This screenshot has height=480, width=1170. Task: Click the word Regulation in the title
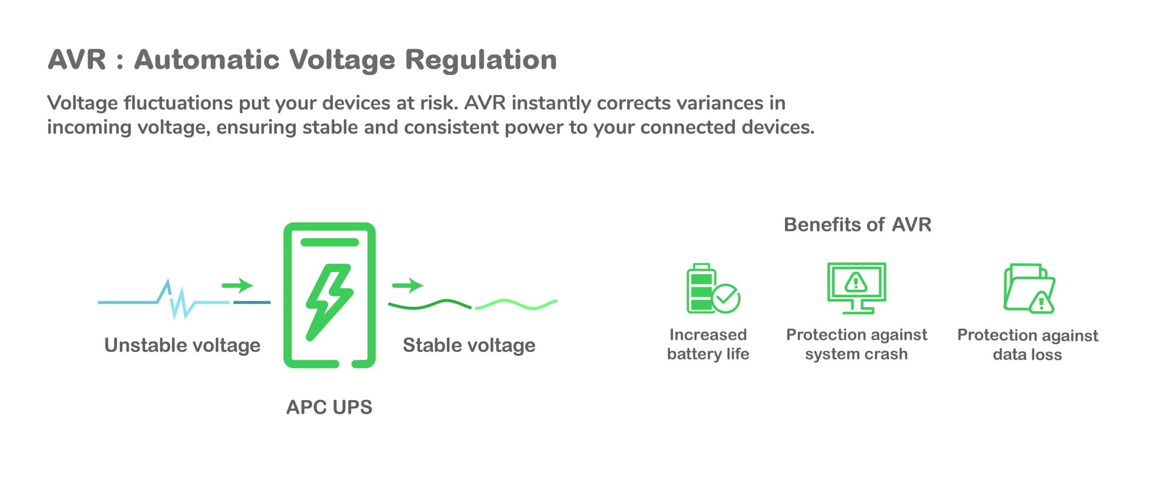pos(481,60)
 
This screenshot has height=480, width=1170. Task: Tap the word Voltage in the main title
pos(342,60)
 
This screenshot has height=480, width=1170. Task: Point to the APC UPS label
pos(329,407)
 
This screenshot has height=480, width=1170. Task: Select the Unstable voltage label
pos(182,345)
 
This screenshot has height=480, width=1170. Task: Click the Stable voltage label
pos(469,345)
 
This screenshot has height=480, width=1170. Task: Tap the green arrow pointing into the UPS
pos(238,285)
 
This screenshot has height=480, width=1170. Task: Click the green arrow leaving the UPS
pos(408,285)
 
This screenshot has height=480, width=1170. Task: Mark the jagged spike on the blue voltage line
pos(176,299)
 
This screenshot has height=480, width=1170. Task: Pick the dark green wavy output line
pos(430,304)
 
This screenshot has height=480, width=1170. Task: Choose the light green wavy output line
pos(516,304)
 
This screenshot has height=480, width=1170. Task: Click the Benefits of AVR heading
pos(857,224)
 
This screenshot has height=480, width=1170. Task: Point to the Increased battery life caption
pos(708,344)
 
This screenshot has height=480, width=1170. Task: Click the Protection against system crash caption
pos(856,344)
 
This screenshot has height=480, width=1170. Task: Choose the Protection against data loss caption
pos(1027,345)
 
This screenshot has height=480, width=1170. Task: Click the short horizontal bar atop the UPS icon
pos(330,242)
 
